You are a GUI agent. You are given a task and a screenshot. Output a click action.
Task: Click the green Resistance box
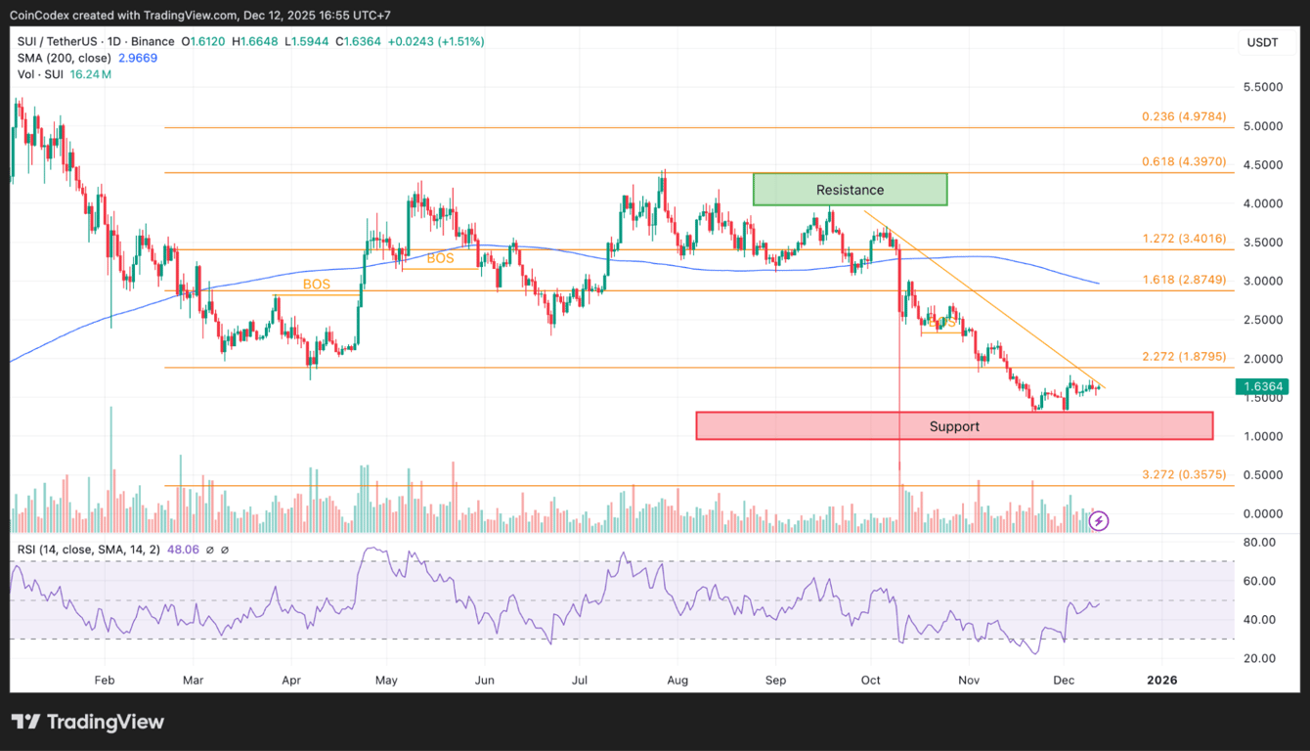point(850,190)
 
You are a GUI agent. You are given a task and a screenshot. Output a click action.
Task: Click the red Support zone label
point(954,426)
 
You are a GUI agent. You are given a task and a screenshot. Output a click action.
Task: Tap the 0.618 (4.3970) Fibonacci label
point(1184,161)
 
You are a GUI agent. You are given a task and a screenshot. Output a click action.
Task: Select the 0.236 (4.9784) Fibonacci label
point(1184,116)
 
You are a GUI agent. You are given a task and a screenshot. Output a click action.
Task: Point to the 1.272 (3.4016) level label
point(1184,239)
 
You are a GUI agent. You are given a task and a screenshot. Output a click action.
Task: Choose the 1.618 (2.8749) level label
point(1184,280)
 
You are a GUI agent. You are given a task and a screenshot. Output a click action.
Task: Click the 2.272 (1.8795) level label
point(1184,357)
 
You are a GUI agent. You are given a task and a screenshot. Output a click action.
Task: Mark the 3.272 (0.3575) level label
point(1184,475)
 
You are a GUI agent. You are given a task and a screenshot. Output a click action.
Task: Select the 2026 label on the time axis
point(1161,680)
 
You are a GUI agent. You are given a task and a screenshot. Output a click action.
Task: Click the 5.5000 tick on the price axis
point(1264,87)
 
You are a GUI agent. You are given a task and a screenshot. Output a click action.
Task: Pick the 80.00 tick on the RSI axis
point(1260,542)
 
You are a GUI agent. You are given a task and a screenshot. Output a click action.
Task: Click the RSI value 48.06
point(185,550)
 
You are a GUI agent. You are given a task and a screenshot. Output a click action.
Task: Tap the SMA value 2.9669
point(138,58)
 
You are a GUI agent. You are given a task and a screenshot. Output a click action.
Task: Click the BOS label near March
point(316,285)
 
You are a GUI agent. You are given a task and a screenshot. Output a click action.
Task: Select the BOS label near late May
point(440,259)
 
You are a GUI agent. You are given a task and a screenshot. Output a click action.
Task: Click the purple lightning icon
point(1099,521)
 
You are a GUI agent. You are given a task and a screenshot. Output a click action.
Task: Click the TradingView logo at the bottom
point(88,723)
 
